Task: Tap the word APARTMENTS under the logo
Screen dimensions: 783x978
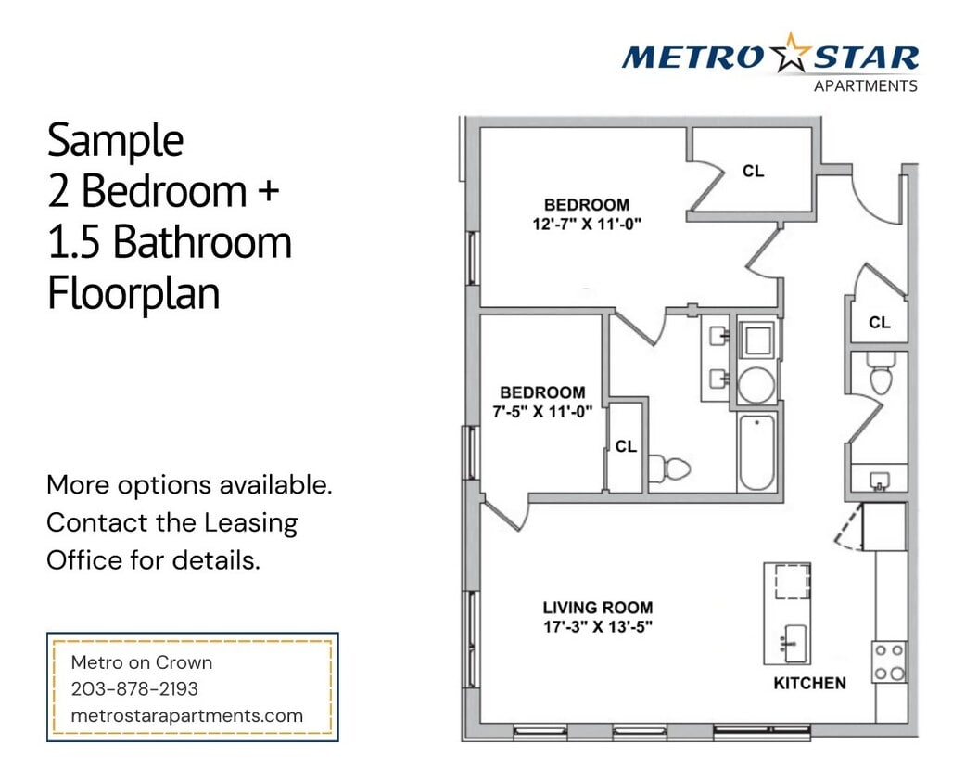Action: pos(865,86)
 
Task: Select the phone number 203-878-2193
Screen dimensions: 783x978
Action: pos(134,689)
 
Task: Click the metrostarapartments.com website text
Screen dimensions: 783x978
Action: pos(186,715)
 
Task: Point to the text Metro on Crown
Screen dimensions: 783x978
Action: pos(142,662)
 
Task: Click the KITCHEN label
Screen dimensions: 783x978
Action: pos(809,683)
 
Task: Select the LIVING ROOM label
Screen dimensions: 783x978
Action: pos(597,608)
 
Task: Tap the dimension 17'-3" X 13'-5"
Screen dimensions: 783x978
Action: pos(597,626)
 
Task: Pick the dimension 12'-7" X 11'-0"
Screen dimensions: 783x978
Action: pos(586,223)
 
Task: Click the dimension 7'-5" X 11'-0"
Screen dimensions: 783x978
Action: pos(542,410)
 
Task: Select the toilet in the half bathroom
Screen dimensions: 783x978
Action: pos(881,377)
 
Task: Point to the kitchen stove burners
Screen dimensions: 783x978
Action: pos(889,661)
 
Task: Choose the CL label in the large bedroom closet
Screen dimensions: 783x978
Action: pos(754,172)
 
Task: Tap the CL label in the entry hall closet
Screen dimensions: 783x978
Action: pos(880,323)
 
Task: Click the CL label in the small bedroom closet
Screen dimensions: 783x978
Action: pos(626,446)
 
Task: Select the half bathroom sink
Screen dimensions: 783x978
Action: pos(879,481)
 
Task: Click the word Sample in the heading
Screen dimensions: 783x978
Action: pos(115,141)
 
